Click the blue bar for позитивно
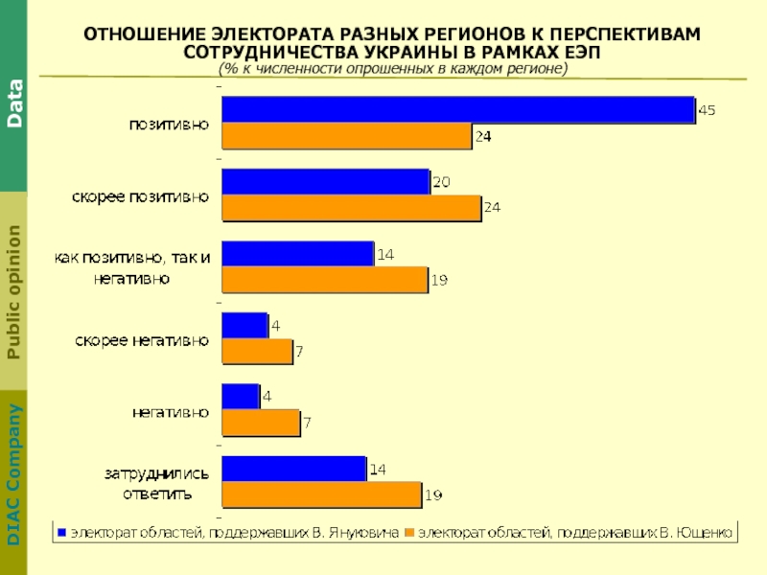point(457,110)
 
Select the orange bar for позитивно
point(346,137)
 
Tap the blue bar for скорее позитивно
point(325,181)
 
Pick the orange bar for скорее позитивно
point(351,208)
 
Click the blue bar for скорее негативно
point(244,326)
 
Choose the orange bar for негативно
point(261,423)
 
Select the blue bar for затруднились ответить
point(293,469)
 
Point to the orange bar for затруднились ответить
point(321,494)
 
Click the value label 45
point(707,111)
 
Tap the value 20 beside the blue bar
point(441,181)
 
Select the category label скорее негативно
point(142,339)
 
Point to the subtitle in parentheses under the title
point(392,70)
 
